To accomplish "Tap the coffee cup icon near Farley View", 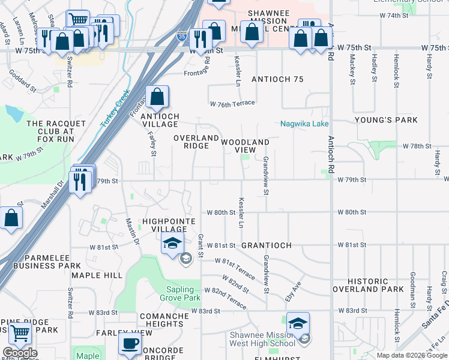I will point(129,344).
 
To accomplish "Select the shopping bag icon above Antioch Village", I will point(157,97).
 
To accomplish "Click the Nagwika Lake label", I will point(304,124).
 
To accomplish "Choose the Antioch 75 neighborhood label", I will point(277,80).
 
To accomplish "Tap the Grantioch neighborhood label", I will point(267,246).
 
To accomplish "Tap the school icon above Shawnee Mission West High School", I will point(298,323).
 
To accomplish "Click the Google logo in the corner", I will point(20,353).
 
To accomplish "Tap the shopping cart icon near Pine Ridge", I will point(20,334).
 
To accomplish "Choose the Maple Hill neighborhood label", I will point(97,275).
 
